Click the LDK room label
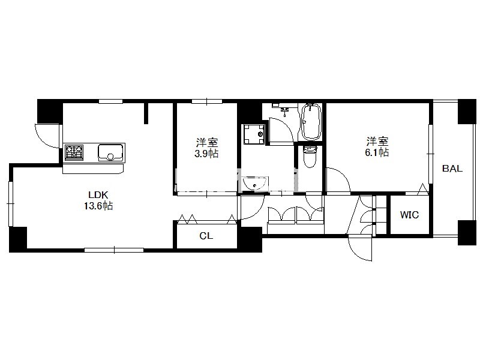[98, 194]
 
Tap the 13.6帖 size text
[98, 206]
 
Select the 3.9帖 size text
[206, 154]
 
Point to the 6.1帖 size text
[377, 152]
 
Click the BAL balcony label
[452, 169]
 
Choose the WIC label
[409, 215]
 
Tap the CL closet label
[206, 236]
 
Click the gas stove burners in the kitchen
[74, 152]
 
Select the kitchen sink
[110, 152]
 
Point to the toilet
[310, 157]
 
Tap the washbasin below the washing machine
[254, 183]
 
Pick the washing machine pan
[254, 134]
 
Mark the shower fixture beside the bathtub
[285, 111]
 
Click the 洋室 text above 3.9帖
[207, 143]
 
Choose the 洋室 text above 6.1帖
[377, 142]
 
